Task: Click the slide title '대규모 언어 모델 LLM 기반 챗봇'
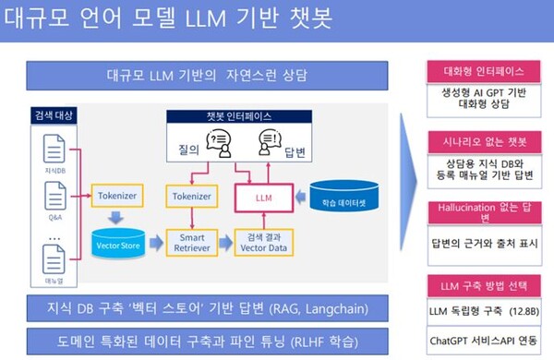click(166, 18)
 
